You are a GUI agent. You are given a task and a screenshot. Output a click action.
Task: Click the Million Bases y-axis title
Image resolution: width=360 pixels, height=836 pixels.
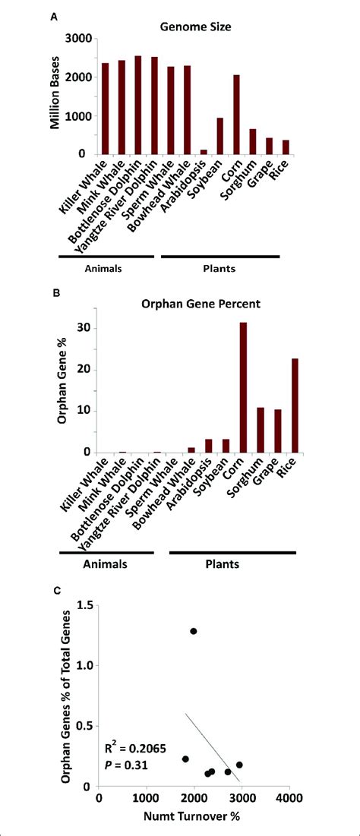pyautogui.click(x=55, y=96)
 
